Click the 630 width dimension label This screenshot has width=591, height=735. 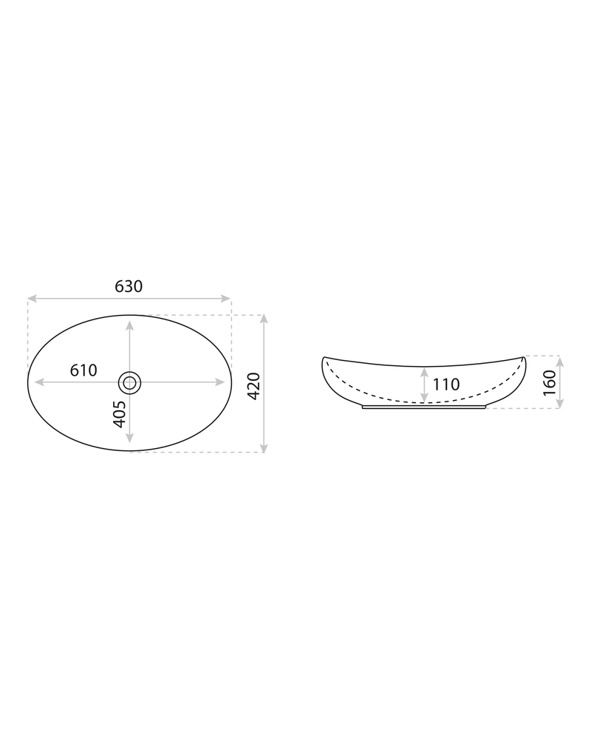click(x=129, y=286)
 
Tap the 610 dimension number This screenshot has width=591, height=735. click(x=83, y=370)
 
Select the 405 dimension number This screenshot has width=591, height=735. click(x=120, y=414)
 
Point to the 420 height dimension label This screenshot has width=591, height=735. click(x=253, y=386)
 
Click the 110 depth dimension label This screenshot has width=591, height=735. click(x=445, y=385)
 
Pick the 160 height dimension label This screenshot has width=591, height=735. click(x=550, y=382)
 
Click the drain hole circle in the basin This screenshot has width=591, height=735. click(x=130, y=382)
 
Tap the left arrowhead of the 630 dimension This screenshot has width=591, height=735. click(x=32, y=298)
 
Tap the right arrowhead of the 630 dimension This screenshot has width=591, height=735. click(x=226, y=298)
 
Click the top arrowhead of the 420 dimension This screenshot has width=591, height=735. click(x=264, y=319)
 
